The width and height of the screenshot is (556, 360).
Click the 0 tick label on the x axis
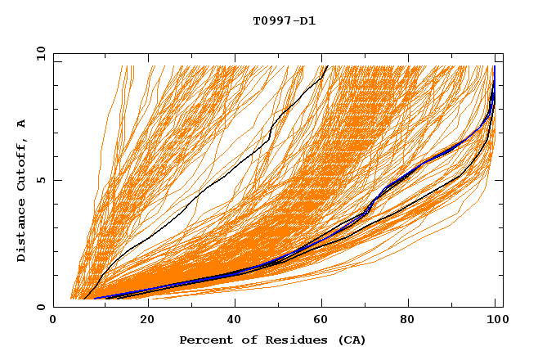(53, 321)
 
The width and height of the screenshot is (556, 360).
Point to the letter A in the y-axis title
(21, 124)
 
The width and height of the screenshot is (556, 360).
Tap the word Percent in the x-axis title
(204, 340)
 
